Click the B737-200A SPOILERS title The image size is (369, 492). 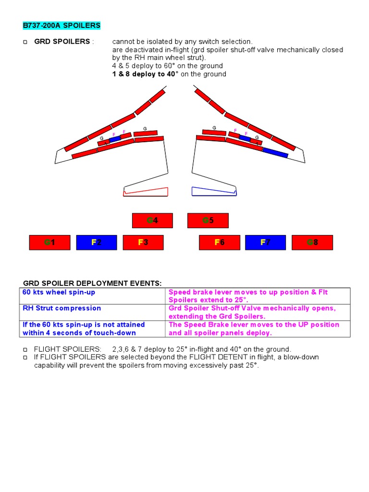pyautogui.click(x=61, y=25)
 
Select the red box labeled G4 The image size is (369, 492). pyautogui.click(x=152, y=221)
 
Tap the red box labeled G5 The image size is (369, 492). pyautogui.click(x=208, y=221)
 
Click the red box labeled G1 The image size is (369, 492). pyautogui.click(x=49, y=243)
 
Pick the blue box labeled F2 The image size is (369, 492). pyautogui.click(x=96, y=243)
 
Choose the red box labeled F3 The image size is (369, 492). pyautogui.click(x=143, y=243)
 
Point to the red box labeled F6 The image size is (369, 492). pyautogui.click(x=219, y=243)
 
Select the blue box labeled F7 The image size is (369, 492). pyautogui.click(x=265, y=243)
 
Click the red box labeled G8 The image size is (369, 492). pyautogui.click(x=312, y=243)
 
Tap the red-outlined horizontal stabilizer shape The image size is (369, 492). pyautogui.click(x=146, y=191)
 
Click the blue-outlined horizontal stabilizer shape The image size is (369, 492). pyautogui.click(x=214, y=191)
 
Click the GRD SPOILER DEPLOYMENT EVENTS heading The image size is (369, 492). pyautogui.click(x=93, y=283)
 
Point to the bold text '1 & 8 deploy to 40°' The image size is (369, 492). pyautogui.click(x=145, y=74)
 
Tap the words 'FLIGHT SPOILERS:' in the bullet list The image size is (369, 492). pyautogui.click(x=67, y=349)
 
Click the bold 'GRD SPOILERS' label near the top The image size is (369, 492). pyautogui.click(x=62, y=41)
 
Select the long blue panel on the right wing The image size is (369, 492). pyautogui.click(x=275, y=153)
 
